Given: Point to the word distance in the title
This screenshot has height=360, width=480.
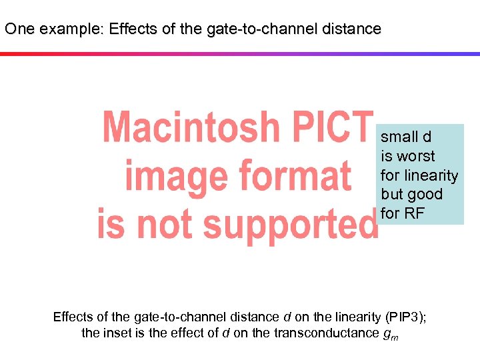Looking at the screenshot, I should (x=352, y=29).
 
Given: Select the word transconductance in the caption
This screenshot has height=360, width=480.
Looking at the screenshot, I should (x=327, y=333).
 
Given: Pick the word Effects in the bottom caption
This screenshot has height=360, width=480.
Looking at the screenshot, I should (x=75, y=317).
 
